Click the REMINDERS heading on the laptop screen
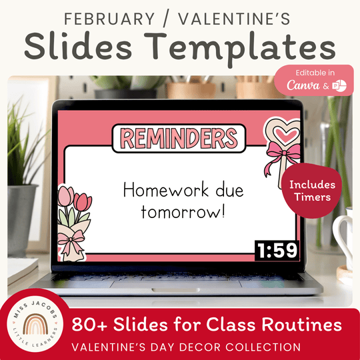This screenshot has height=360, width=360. coord(180,138)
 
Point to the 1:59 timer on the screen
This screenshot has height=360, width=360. coord(276,251)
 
